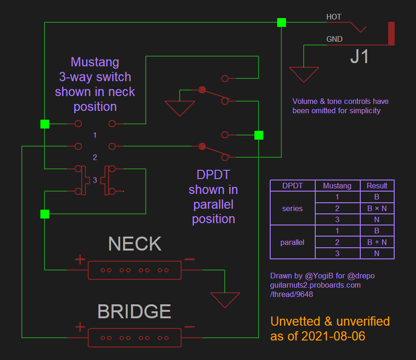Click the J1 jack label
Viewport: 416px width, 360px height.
[360, 57]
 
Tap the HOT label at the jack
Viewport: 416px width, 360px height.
[334, 17]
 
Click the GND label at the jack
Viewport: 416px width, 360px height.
[334, 39]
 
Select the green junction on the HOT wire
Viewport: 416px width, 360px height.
[281, 22]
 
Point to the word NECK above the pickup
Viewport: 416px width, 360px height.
[135, 244]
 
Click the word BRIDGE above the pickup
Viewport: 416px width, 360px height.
[134, 312]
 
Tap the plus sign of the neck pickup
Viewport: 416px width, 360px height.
[80, 259]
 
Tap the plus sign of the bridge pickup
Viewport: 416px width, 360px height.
[80, 327]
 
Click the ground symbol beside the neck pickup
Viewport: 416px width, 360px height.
[225, 299]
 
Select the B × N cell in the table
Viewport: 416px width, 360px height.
[377, 208]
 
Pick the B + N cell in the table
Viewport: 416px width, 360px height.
[377, 242]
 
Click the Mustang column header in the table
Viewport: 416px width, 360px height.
[337, 186]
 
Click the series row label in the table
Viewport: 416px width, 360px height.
[292, 208]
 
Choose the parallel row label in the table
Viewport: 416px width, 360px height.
[292, 242]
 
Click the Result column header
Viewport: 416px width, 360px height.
[377, 186]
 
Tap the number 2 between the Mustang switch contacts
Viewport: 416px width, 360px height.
[95, 158]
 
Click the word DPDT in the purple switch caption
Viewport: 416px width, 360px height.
[214, 175]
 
